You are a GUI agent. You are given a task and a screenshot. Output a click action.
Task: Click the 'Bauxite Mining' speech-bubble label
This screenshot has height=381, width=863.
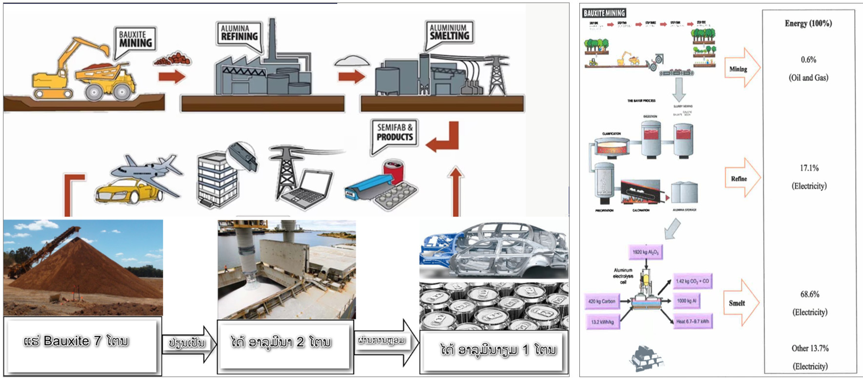tap(135, 39)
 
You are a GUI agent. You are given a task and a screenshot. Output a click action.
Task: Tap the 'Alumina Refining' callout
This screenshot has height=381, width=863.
tap(239, 33)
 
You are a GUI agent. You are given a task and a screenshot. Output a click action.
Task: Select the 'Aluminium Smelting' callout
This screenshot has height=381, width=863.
tap(449, 33)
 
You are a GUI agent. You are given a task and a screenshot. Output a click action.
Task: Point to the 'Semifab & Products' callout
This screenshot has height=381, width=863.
tap(394, 132)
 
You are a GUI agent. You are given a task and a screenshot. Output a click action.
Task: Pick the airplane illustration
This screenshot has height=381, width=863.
tap(146, 170)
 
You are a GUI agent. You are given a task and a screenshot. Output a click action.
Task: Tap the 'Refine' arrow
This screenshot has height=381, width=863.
tap(741, 179)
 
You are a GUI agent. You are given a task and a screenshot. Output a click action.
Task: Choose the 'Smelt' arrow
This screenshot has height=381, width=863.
tap(740, 303)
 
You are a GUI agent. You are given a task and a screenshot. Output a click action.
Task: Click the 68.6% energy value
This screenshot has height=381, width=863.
tap(809, 294)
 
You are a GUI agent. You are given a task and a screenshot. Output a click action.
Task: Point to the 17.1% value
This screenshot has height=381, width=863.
tap(809, 168)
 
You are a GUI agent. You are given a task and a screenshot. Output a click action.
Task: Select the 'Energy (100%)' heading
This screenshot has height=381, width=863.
tap(808, 23)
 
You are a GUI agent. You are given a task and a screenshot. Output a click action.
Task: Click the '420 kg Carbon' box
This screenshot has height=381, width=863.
tap(602, 301)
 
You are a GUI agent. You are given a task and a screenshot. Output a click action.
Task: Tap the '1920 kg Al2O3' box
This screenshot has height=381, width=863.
tap(645, 252)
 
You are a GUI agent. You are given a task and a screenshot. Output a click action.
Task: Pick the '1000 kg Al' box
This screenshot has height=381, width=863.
tap(687, 301)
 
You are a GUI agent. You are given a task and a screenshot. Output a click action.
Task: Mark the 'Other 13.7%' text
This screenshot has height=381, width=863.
tap(810, 348)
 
